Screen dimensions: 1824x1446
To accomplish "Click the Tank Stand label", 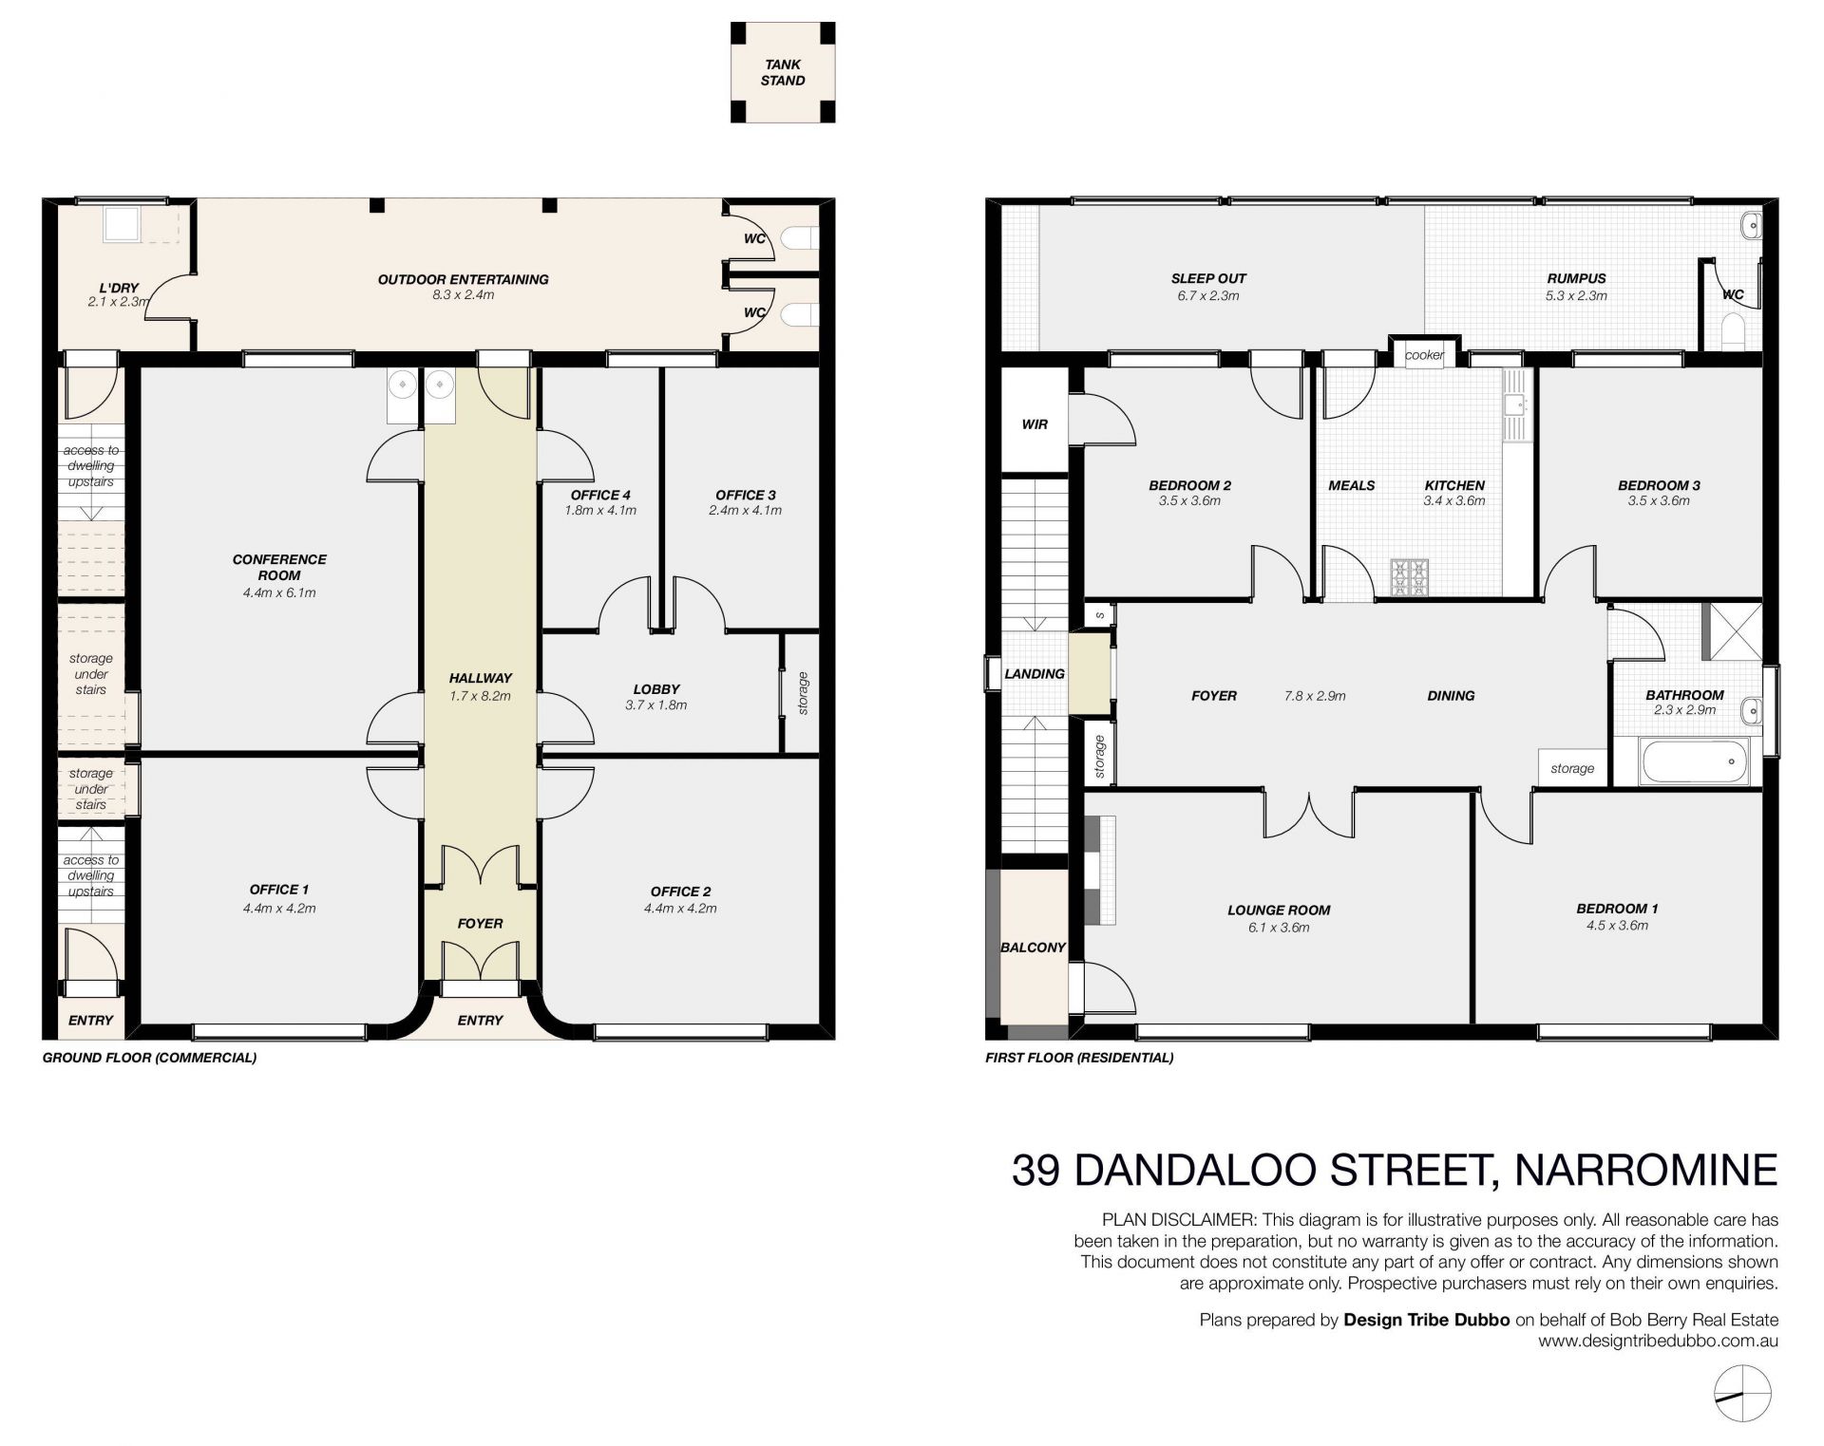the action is [x=783, y=72].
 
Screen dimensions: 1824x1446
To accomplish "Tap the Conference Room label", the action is [x=279, y=567].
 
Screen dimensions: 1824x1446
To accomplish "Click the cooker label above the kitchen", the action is [x=1424, y=355].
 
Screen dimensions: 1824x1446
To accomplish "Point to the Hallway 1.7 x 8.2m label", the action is [x=481, y=686].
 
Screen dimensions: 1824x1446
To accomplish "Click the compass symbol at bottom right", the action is [x=1742, y=1394].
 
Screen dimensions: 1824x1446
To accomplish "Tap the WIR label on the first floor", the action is [x=1035, y=424].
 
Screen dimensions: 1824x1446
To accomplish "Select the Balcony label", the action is [x=1034, y=948].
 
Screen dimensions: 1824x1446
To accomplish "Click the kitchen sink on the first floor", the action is [x=1514, y=406].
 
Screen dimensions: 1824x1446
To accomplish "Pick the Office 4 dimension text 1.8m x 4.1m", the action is [x=600, y=510].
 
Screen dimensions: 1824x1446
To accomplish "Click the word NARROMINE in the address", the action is [x=1645, y=1170].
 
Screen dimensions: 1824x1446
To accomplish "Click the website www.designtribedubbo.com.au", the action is [x=1658, y=1342].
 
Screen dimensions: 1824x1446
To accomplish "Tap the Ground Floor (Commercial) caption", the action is [x=150, y=1057].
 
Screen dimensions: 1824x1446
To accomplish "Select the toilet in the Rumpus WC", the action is [x=1738, y=330].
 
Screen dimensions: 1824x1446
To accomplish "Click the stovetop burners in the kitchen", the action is [x=1410, y=574].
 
